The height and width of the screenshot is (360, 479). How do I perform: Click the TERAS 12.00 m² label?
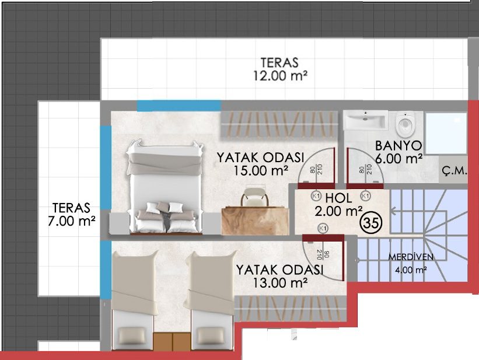(x=280, y=69)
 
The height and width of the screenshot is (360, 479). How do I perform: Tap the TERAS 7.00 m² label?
(x=71, y=214)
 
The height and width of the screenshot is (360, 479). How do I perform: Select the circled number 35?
(x=372, y=223)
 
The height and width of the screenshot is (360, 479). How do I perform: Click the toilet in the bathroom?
(x=405, y=124)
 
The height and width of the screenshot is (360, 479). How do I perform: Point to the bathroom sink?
(x=365, y=120)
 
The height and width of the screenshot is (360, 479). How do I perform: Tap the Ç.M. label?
(x=454, y=170)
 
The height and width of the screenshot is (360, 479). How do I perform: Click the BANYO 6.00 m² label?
(x=398, y=152)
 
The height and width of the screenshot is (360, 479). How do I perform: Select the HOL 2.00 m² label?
(x=338, y=204)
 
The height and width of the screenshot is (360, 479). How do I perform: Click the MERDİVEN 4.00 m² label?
(x=411, y=263)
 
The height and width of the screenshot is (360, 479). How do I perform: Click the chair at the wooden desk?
(x=255, y=197)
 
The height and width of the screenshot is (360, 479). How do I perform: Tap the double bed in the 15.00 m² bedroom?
(x=165, y=187)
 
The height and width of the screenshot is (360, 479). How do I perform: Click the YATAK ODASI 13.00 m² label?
(x=279, y=276)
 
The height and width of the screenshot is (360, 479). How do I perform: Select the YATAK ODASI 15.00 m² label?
(x=261, y=164)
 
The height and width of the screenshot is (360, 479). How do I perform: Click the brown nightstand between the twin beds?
(x=172, y=341)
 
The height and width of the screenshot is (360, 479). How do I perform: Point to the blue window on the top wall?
(x=179, y=106)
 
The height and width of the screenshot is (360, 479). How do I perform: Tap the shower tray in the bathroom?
(x=446, y=133)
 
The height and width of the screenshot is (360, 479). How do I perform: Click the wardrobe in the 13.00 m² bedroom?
(x=290, y=308)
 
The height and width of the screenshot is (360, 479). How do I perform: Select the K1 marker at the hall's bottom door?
(x=323, y=228)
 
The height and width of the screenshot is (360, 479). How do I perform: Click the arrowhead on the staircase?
(x=394, y=210)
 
